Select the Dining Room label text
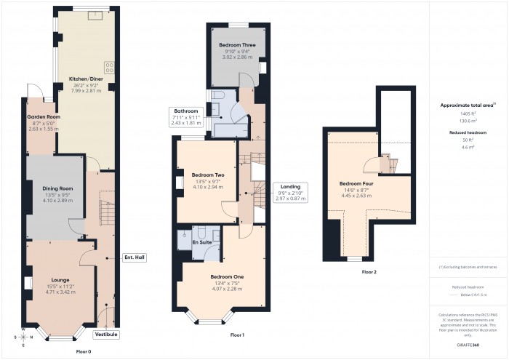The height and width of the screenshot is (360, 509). (57, 190)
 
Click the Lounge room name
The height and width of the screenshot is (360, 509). (60, 279)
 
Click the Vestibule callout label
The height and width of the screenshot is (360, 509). (107, 334)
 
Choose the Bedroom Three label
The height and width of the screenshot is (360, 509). (238, 46)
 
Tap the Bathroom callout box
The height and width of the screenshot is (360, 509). (186, 111)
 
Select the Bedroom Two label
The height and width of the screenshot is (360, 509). (207, 175)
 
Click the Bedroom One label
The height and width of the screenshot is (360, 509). (227, 277)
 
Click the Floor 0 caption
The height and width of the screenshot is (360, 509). (84, 351)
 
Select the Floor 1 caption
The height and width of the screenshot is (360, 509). (237, 335)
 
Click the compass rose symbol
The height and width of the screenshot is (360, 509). (23, 337)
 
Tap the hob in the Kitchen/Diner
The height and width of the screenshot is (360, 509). (110, 68)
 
